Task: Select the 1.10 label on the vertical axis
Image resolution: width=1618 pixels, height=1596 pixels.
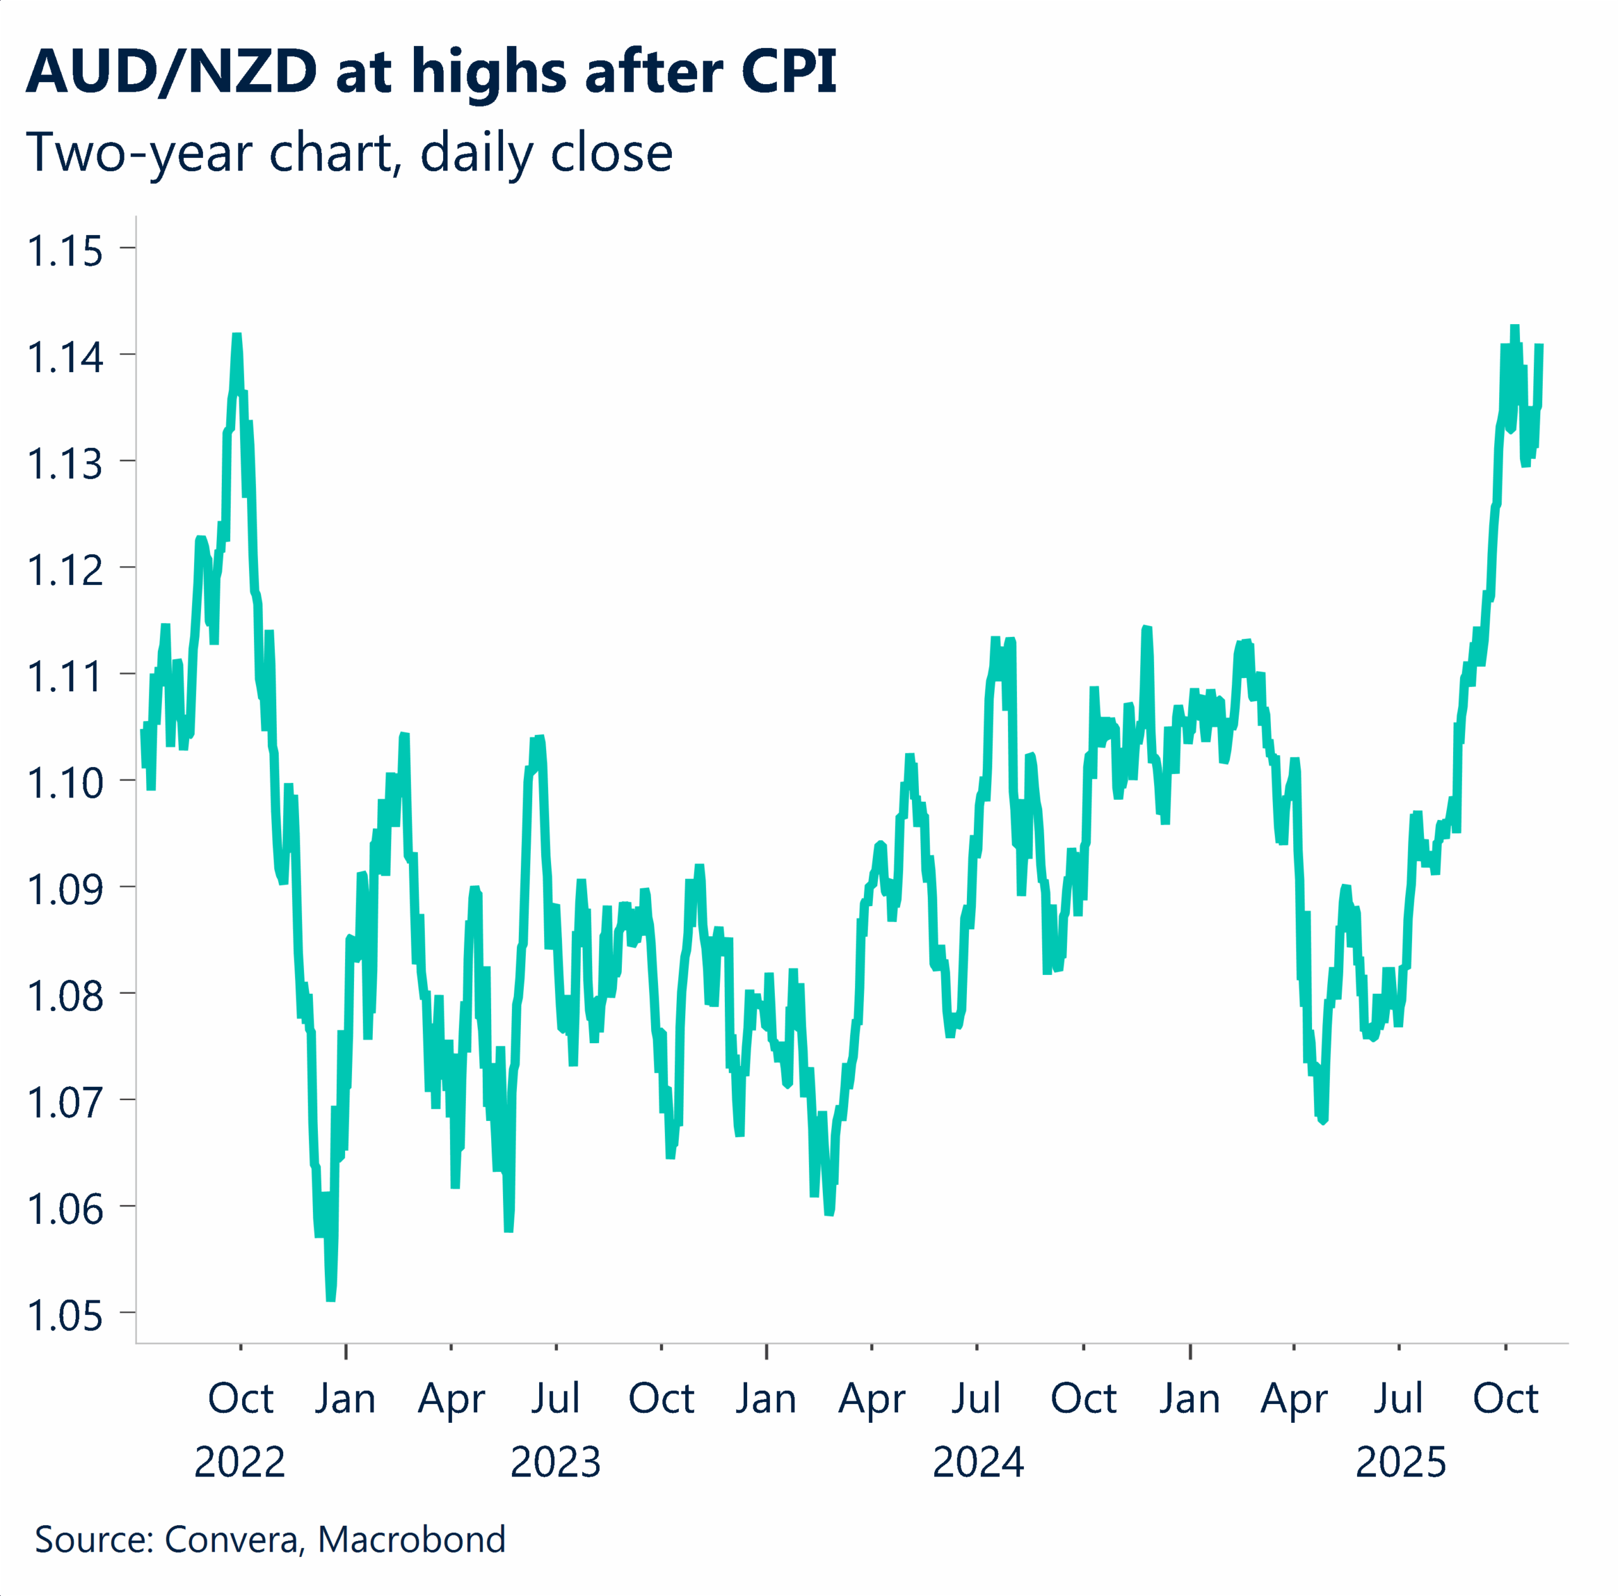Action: tap(65, 783)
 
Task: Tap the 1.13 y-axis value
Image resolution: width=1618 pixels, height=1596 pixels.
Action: tap(65, 464)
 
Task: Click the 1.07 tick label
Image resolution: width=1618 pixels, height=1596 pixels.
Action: tap(65, 1103)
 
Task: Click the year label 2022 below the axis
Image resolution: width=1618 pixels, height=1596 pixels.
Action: tap(240, 1462)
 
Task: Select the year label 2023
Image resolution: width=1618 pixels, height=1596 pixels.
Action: tap(556, 1462)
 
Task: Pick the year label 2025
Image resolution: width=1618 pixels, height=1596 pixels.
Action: tap(1400, 1462)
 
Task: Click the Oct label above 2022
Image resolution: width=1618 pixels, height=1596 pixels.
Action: tap(240, 1398)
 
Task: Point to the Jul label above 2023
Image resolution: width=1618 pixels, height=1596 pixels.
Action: tap(556, 1398)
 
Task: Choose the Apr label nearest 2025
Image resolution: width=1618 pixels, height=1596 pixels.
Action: tap(1294, 1398)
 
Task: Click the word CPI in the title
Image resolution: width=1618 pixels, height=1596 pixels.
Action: tap(788, 72)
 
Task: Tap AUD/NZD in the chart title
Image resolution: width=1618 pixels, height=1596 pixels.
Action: tap(172, 72)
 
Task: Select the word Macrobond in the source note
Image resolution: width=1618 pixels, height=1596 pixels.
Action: tap(411, 1539)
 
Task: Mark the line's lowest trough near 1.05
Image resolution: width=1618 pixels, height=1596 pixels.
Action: tap(331, 1298)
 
